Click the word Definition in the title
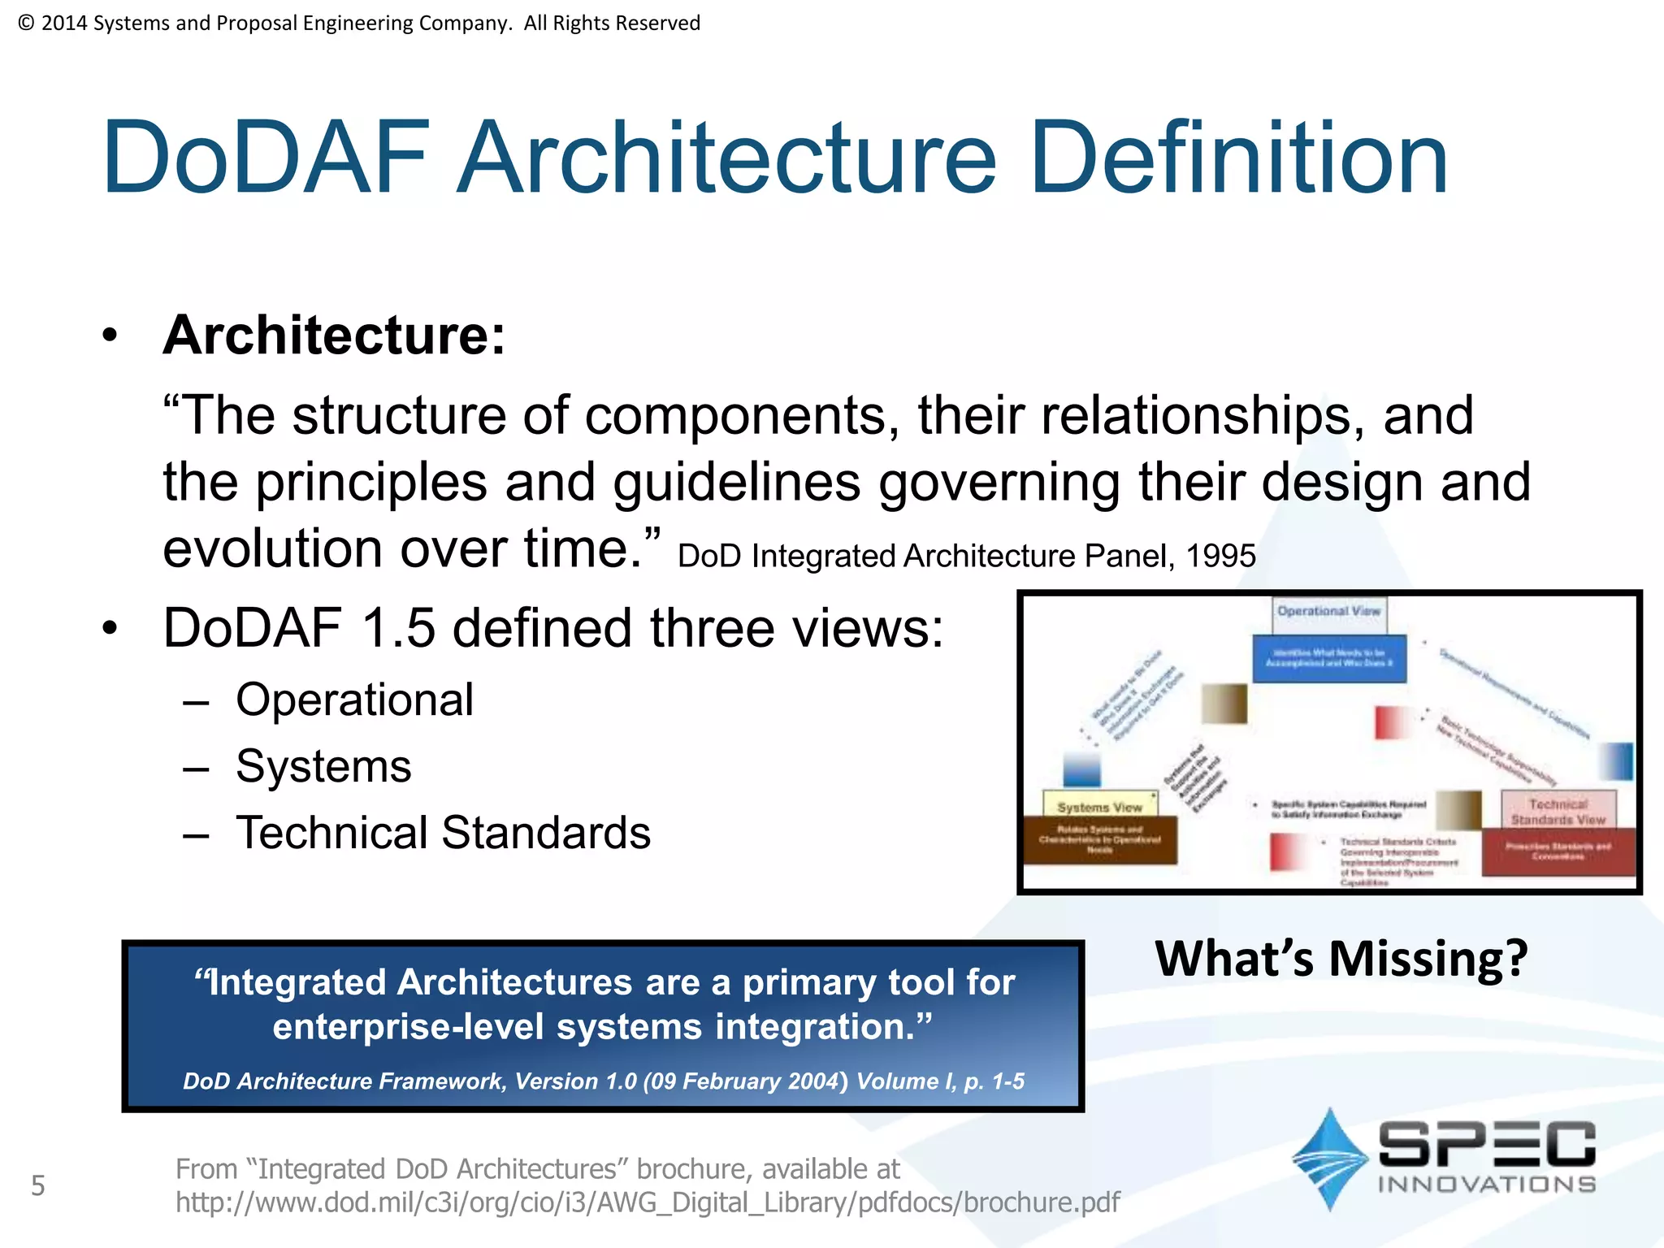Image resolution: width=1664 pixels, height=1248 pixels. (1238, 158)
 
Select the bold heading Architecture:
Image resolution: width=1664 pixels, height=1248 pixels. (334, 335)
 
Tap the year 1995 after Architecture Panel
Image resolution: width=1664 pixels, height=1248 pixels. (1220, 557)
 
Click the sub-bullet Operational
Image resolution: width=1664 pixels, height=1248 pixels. (354, 700)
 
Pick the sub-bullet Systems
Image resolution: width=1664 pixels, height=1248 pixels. (323, 766)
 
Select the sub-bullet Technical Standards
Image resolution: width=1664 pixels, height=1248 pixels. (443, 833)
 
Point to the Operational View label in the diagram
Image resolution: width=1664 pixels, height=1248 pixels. (1328, 611)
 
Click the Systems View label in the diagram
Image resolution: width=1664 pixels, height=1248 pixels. (1099, 807)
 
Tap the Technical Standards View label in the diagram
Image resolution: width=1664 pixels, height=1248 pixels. (1558, 812)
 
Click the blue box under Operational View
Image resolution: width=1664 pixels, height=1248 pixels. (1328, 658)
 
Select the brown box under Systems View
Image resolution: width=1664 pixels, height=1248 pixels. (1099, 839)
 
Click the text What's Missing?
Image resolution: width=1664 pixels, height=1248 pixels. (1341, 959)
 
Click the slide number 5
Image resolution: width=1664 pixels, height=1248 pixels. (38, 1186)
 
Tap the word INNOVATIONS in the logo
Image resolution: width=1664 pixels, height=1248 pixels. (1486, 1184)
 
